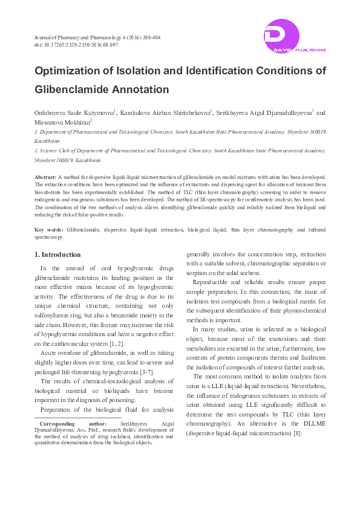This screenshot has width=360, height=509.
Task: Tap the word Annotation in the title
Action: [140, 89]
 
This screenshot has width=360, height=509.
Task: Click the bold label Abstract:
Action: [45, 177]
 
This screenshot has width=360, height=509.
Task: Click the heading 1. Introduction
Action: [57, 254]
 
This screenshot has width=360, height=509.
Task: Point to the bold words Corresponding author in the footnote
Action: [73, 425]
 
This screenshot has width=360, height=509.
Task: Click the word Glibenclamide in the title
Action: [71, 89]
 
